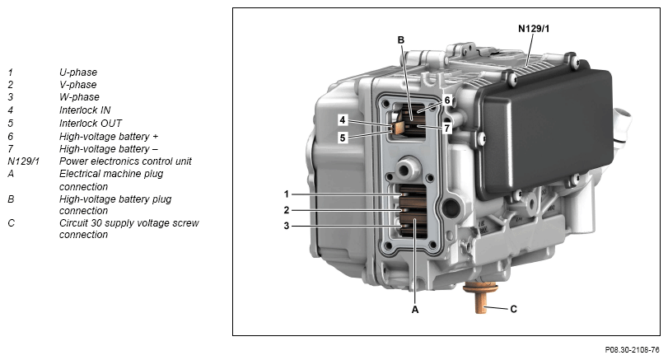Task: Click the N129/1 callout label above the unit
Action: (x=534, y=29)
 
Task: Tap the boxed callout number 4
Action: (x=343, y=120)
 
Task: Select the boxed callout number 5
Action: (x=343, y=138)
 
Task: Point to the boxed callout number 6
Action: (x=447, y=101)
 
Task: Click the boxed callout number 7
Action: (x=447, y=128)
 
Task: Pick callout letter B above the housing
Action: (x=400, y=40)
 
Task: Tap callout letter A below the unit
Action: (x=415, y=310)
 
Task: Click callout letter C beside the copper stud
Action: (x=513, y=309)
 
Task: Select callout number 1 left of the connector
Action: (x=287, y=194)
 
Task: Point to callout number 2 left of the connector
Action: (x=287, y=210)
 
